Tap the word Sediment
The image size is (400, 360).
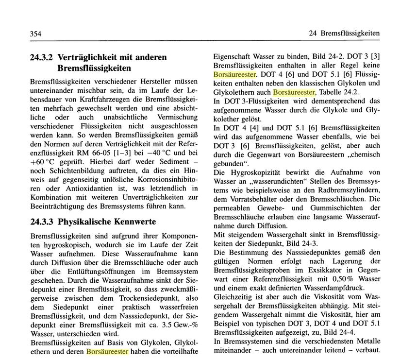tap(158, 156)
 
